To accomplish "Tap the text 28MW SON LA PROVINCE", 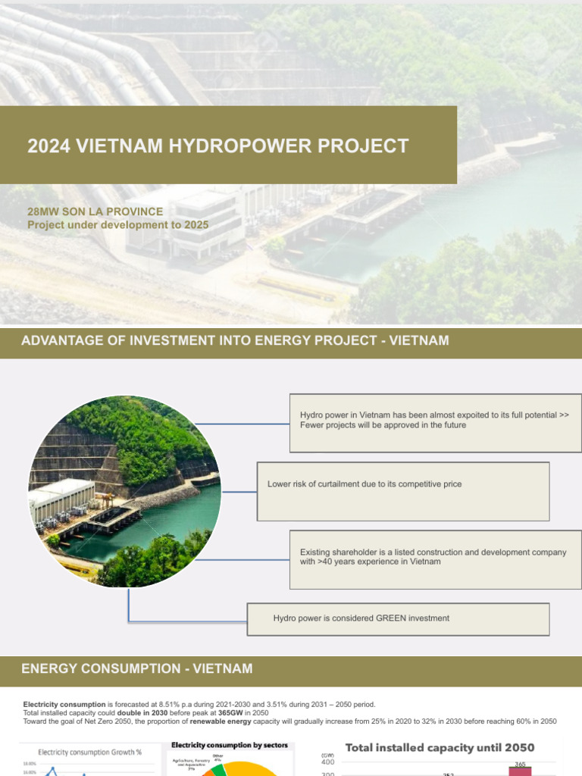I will [x=95, y=211].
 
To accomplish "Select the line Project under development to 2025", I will [x=117, y=225].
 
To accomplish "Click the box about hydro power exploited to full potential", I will [x=435, y=421].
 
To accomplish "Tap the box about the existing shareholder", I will [x=435, y=559].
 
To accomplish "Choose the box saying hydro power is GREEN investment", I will [x=399, y=618].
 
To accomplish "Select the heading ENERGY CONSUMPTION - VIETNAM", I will [x=137, y=668].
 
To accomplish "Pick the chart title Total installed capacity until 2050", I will [x=440, y=748].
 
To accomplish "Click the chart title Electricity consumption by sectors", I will [x=230, y=746].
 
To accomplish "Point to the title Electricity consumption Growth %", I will [x=90, y=753].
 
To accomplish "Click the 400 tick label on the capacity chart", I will [x=327, y=762].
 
